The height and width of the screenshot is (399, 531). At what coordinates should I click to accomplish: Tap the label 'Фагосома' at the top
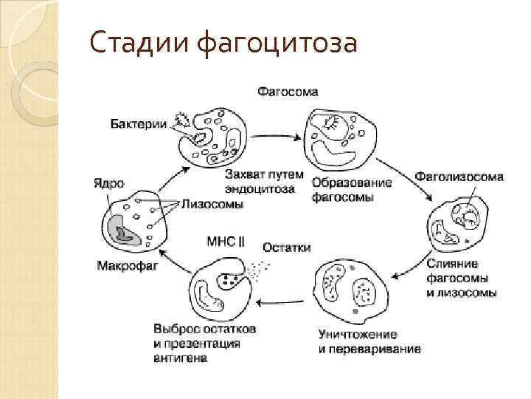point(288,92)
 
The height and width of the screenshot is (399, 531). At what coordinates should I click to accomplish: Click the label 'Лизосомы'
point(212,205)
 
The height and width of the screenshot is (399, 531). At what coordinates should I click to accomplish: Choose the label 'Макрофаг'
point(127,265)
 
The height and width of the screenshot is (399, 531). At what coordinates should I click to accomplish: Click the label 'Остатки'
point(286,248)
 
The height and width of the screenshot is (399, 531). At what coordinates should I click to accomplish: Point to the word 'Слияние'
point(453,264)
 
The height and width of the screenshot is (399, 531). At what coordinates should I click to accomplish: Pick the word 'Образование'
point(351,183)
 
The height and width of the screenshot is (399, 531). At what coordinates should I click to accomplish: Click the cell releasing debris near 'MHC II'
point(221,288)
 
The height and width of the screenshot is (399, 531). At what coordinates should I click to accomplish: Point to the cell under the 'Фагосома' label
point(341,137)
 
